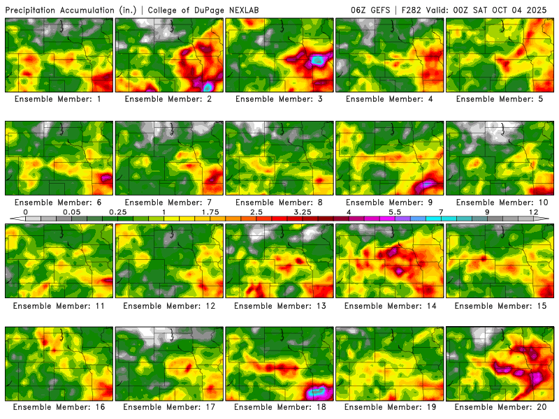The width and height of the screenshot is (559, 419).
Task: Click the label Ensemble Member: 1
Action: [58, 99]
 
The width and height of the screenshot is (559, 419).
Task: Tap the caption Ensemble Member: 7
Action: [168, 203]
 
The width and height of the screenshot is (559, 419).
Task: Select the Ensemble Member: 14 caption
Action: [390, 305]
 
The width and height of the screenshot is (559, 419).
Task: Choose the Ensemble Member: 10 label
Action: [500, 203]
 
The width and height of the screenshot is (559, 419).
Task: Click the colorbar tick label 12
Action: [533, 211]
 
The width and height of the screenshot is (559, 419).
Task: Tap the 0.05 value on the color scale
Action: [71, 211]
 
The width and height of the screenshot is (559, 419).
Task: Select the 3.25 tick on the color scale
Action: [303, 211]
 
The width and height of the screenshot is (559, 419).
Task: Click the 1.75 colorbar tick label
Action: [210, 211]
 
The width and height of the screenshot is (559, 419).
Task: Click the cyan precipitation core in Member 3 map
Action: [319, 61]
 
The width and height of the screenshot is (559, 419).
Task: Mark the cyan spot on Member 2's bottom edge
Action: [208, 87]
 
